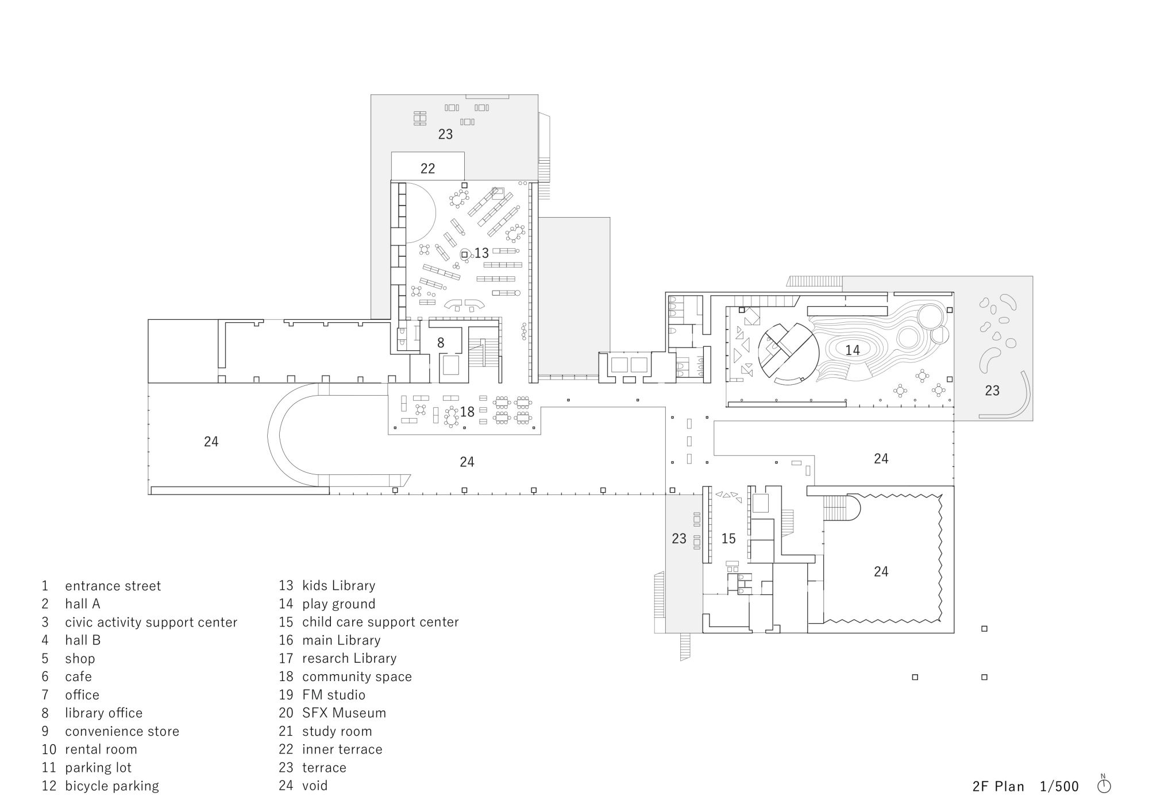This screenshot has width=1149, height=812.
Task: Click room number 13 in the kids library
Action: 481,253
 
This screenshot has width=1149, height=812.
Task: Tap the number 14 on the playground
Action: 853,350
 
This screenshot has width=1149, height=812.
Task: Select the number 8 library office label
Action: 441,343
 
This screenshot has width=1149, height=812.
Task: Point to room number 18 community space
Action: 467,412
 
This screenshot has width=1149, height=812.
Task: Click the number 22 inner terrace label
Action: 427,168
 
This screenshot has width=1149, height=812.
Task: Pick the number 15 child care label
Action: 728,539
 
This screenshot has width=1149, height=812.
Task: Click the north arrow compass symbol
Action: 1104,785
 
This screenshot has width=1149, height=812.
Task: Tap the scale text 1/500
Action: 1059,786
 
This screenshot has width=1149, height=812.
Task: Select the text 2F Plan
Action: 998,786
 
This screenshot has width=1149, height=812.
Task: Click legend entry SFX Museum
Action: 344,713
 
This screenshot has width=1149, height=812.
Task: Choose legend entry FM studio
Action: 334,695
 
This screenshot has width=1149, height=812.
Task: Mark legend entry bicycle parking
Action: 112,786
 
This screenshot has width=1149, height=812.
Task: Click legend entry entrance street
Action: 113,586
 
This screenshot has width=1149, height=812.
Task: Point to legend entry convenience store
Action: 122,731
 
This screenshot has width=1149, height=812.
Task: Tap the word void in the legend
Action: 315,786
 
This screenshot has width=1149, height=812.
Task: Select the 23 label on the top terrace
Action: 445,134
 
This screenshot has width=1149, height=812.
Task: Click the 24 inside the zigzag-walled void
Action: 881,571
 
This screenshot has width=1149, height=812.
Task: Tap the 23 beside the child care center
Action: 679,539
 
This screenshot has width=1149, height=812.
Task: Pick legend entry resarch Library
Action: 349,658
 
